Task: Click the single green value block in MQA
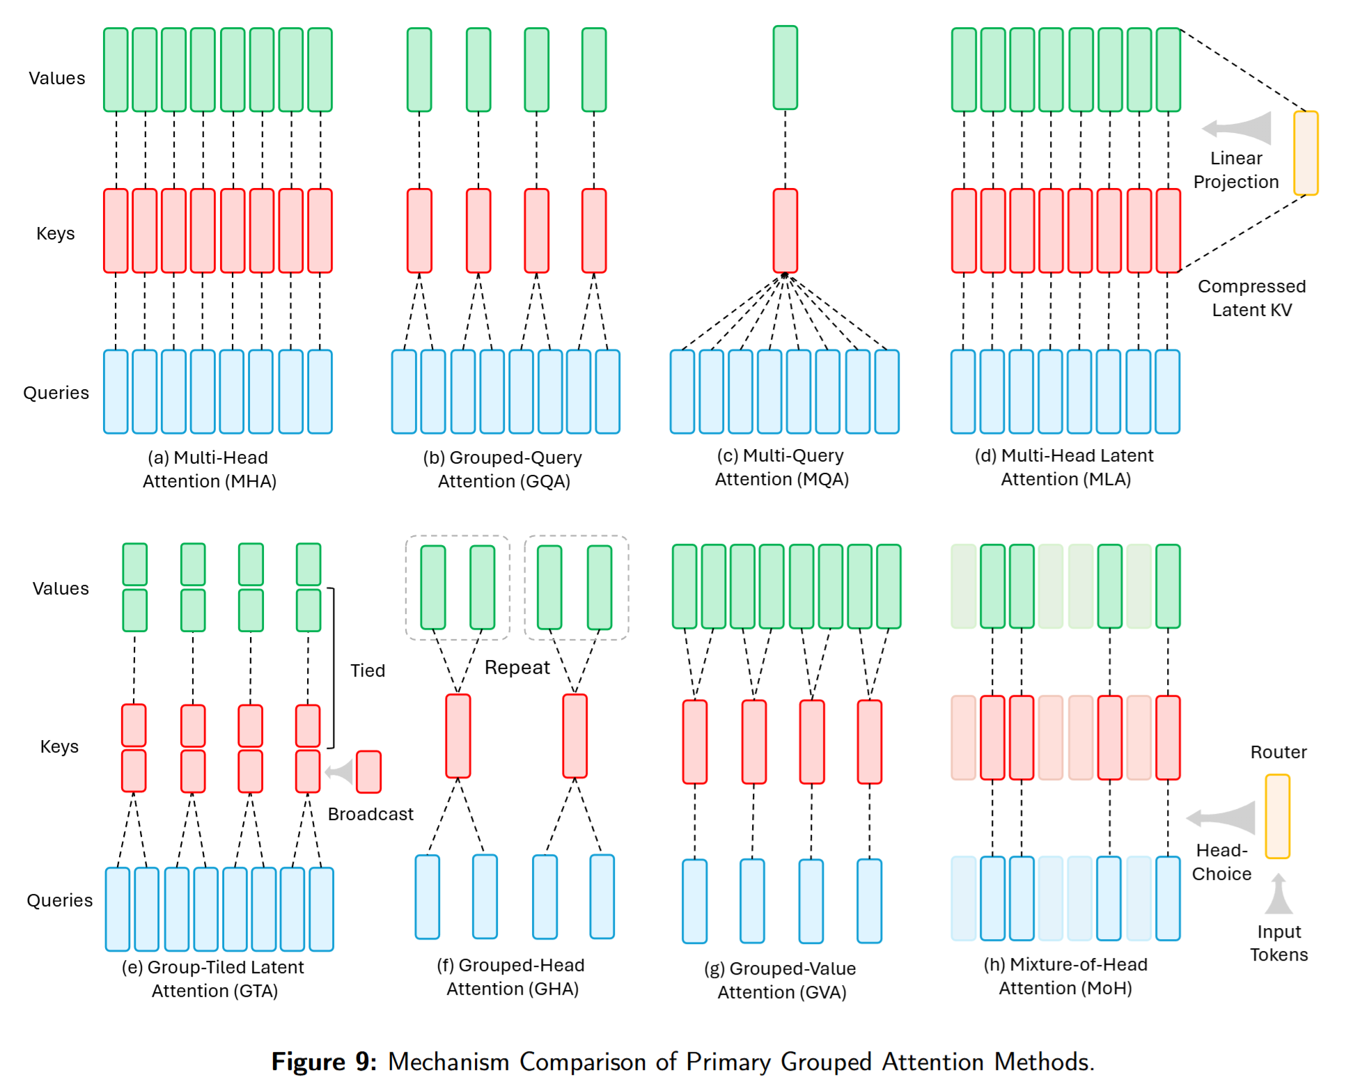[785, 68]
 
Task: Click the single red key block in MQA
[785, 230]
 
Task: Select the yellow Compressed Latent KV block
[1306, 153]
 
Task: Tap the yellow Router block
[1277, 816]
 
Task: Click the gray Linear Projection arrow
[1238, 128]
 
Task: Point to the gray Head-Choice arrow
[1223, 817]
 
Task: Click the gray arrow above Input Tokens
[1278, 894]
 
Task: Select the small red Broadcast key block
[368, 771]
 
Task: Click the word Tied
[367, 670]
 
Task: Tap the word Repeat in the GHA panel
[517, 667]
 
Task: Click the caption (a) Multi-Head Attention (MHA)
[209, 469]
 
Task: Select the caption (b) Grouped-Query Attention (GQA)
[503, 469]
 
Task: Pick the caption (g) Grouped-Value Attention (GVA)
[781, 980]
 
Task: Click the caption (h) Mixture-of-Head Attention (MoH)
[1065, 976]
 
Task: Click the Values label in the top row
[56, 78]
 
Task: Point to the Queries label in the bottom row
[59, 900]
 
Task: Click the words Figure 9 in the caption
[324, 1062]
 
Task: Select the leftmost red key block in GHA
[457, 736]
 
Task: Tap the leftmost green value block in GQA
[419, 70]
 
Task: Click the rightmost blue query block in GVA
[869, 901]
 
